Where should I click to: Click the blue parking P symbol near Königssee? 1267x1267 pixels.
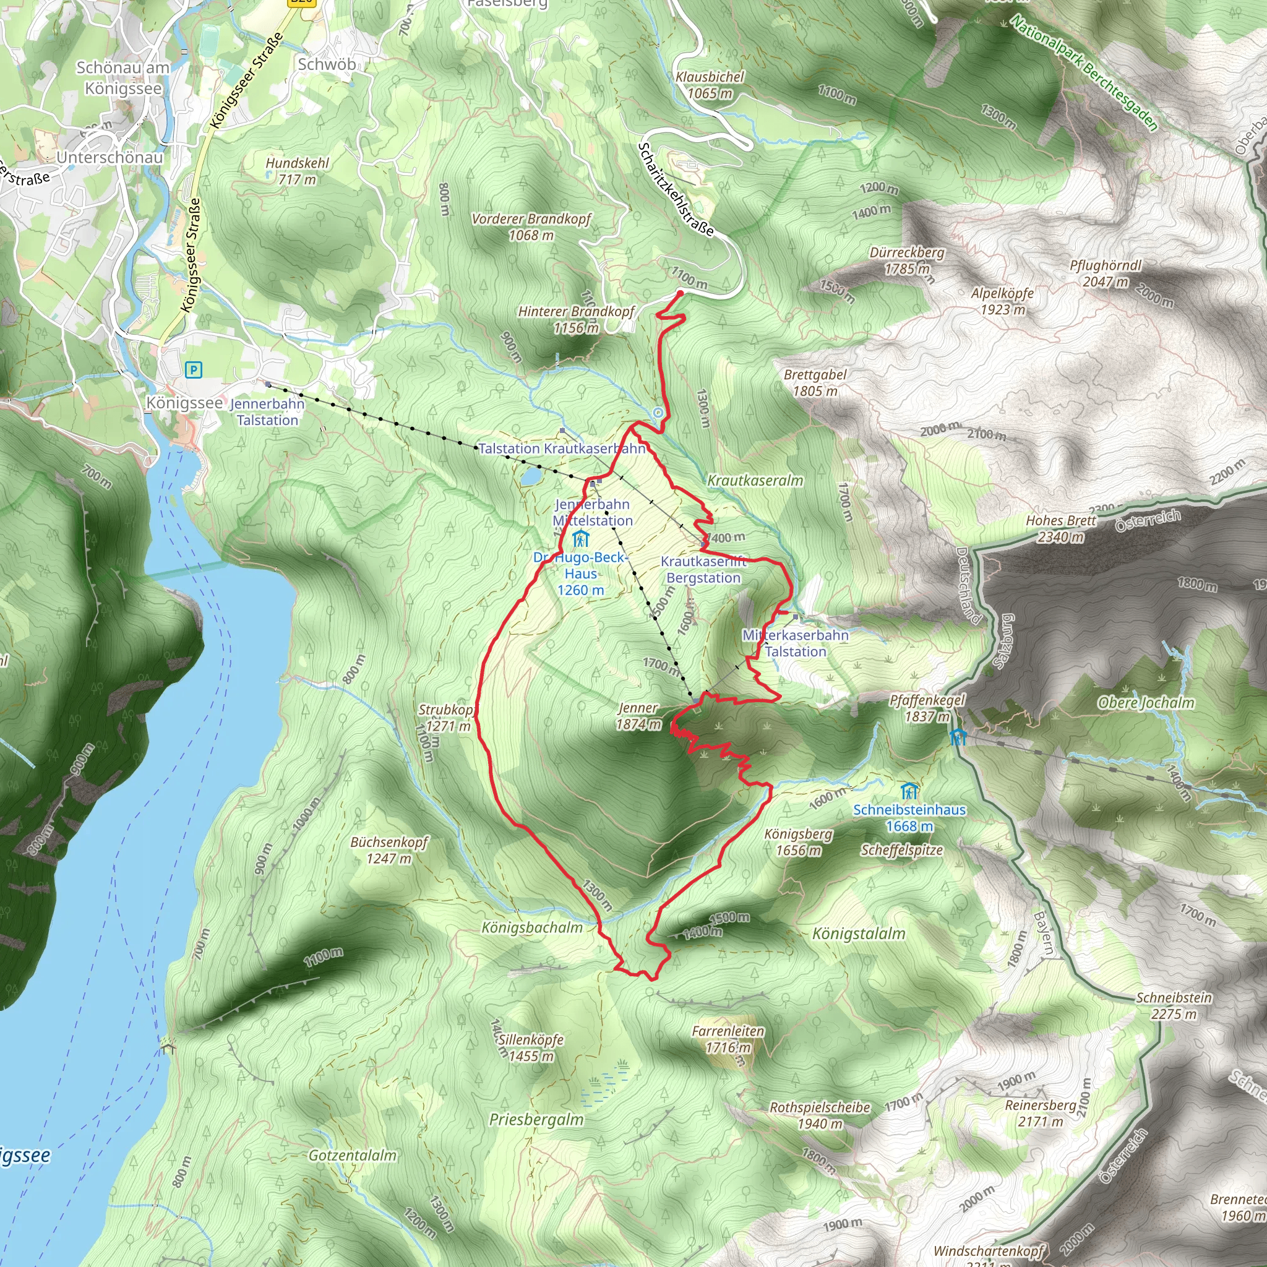click(194, 370)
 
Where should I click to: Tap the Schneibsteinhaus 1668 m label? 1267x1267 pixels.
click(909, 818)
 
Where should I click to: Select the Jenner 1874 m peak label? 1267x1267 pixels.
click(638, 716)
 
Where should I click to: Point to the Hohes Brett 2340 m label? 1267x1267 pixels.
click(1060, 528)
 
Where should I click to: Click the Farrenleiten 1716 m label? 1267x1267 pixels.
click(728, 1039)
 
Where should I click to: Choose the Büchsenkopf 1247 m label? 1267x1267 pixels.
click(389, 850)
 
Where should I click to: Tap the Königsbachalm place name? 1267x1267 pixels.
click(532, 927)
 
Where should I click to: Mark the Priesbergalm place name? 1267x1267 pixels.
click(536, 1119)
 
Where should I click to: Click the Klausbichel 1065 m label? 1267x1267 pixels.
click(710, 85)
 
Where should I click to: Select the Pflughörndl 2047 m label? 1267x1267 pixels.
click(1106, 273)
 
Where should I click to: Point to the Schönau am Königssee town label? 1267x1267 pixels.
click(123, 77)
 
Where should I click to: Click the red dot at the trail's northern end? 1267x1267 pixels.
click(680, 293)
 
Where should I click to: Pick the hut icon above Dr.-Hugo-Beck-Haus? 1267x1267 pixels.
click(580, 539)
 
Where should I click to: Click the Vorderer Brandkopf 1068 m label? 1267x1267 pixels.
click(531, 227)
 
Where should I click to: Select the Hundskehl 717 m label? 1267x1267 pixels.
click(297, 171)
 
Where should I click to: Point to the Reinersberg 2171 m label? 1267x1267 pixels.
click(1041, 1113)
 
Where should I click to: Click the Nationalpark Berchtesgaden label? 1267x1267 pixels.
click(1083, 73)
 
